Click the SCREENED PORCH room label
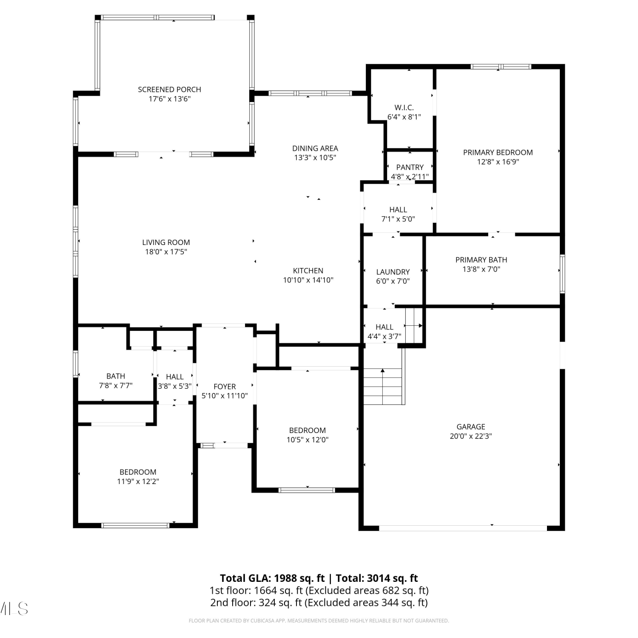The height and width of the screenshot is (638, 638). pos(169,90)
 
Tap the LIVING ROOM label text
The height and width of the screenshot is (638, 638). pos(166,242)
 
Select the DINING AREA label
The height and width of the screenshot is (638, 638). pos(315,148)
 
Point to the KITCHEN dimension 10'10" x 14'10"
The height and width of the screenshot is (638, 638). pos(308,280)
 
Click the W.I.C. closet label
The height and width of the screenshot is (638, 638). pos(404,108)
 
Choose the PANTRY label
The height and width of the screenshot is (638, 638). pos(410,167)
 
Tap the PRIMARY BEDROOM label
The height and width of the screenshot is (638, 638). pos(498,152)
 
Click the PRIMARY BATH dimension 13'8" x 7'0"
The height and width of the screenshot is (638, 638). pos(481,269)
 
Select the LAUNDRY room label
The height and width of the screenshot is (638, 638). pos(393,272)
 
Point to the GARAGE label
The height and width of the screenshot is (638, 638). pos(471,427)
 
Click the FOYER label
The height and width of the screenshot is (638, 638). pos(225,387)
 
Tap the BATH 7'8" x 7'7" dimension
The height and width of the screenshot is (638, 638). pos(116,386)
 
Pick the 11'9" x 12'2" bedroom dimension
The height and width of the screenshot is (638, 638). pos(138,481)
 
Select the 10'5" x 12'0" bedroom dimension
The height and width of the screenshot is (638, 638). pos(308,440)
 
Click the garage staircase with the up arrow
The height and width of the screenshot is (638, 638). pos(383,386)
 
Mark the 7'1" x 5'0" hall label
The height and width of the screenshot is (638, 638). pos(398,219)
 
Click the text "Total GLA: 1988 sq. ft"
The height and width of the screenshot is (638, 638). pos(272,578)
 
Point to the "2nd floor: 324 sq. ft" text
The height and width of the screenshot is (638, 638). pos(256,603)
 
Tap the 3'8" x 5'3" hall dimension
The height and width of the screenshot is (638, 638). pos(175,386)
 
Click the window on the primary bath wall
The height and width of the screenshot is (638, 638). pos(562,274)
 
